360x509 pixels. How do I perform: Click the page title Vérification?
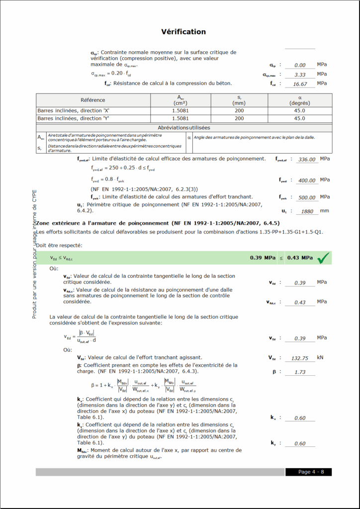pos(183,32)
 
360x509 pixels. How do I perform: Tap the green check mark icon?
pos(324,257)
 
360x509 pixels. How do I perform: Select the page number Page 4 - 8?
pos(308,472)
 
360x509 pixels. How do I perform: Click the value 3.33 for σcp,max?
pos(300,75)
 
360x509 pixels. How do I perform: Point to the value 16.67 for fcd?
pos(300,84)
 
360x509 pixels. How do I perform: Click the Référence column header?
pos(93,100)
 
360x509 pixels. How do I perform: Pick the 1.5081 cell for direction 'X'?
pos(180,110)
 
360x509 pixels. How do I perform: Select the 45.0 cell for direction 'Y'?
pos(299,119)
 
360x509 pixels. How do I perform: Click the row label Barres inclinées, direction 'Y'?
pos(74,119)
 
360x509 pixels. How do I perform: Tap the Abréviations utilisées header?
pos(183,128)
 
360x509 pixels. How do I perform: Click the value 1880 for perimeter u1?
pos(307,211)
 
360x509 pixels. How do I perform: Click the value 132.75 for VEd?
pos(301,358)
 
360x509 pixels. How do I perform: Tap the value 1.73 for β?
pos(300,372)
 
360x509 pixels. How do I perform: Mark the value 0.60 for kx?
pos(300,418)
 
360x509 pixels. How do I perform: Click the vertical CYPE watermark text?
pos(34,254)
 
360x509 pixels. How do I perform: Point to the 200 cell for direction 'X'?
pos(239,110)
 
